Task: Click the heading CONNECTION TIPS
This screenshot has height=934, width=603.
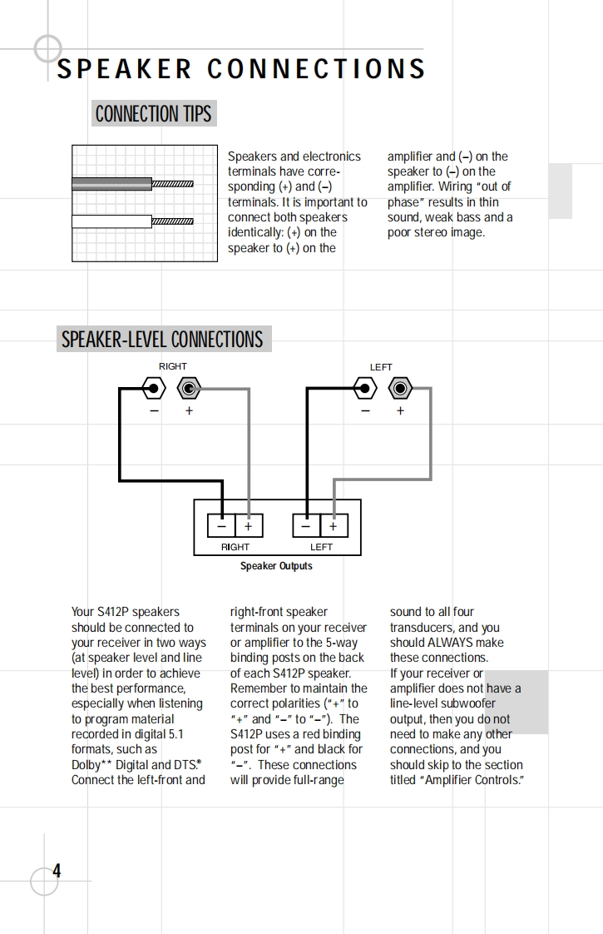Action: coord(154,113)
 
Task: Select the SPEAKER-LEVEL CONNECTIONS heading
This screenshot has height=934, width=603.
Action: coord(162,340)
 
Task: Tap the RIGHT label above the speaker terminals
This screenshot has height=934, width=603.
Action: coord(173,366)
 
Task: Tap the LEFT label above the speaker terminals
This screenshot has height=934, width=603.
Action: coord(381,366)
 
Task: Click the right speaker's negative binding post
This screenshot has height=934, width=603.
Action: coord(153,388)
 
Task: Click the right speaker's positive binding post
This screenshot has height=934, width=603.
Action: coord(190,388)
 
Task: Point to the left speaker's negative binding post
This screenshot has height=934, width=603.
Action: coord(363,388)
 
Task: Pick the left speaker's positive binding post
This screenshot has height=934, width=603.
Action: coord(401,388)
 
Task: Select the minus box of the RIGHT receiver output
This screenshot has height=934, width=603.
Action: coord(221,526)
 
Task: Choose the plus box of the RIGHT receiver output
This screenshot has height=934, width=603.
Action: coord(248,526)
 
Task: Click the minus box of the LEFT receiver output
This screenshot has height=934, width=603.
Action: coord(306,526)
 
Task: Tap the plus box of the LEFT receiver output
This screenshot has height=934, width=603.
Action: coord(334,526)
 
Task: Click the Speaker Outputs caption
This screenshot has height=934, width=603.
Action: coord(276,566)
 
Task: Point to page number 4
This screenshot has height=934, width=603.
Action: coord(57,871)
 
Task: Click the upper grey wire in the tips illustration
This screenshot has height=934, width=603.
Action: coord(111,183)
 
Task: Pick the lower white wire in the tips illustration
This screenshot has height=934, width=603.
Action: coord(111,221)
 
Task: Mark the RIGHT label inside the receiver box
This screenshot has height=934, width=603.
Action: coord(235,547)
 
